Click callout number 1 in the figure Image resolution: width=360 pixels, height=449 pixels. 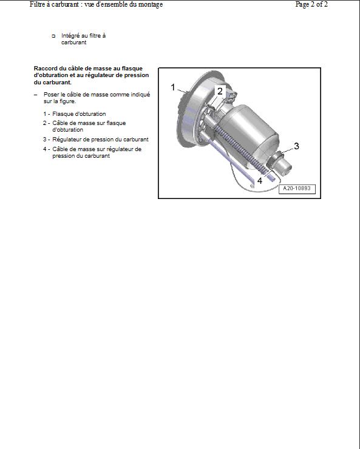(172, 87)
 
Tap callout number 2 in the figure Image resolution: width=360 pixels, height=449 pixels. (220, 91)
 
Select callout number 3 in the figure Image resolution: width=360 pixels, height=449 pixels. (296, 146)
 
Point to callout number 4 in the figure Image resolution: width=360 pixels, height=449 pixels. (260, 181)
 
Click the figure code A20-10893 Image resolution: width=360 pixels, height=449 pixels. (297, 189)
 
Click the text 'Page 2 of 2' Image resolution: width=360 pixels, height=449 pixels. (311, 4)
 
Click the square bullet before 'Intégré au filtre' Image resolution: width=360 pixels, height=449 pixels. (53, 36)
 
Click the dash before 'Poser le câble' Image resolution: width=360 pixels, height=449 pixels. (35, 95)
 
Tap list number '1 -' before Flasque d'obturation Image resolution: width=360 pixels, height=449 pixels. (47, 114)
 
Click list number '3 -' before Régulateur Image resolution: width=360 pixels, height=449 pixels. (47, 140)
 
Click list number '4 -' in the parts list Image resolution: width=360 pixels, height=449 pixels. (47, 149)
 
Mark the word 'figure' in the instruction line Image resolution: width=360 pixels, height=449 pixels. (67, 101)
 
